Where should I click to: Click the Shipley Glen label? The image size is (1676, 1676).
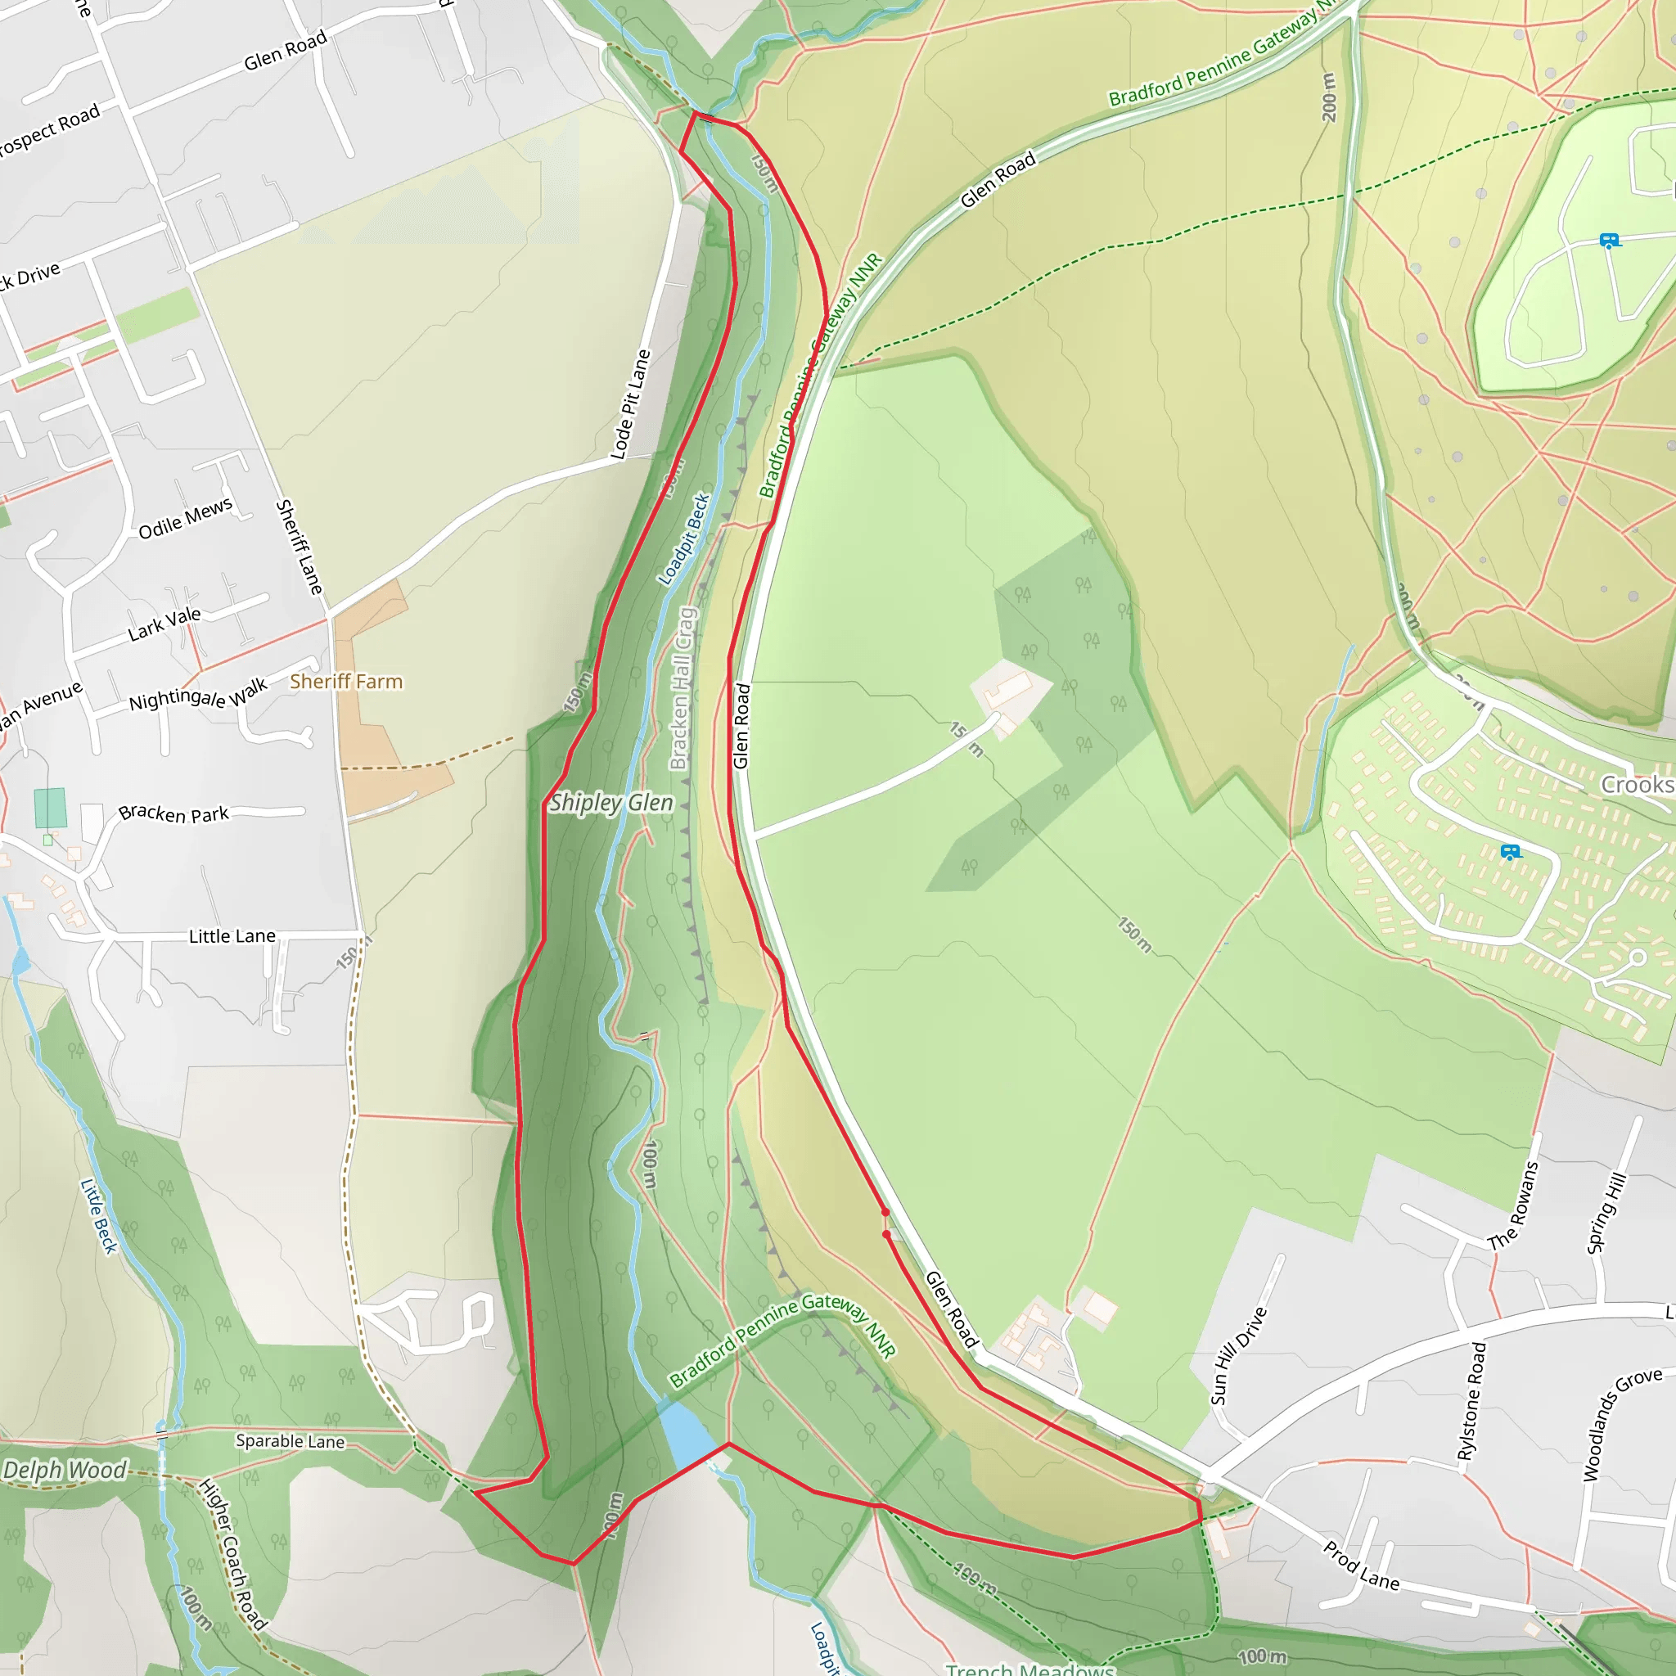coord(611,803)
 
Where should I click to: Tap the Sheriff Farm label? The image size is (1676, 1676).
coord(346,682)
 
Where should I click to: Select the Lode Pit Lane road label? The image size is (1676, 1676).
coord(631,404)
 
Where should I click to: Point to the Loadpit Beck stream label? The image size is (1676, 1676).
coord(684,539)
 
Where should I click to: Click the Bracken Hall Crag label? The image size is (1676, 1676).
coord(682,688)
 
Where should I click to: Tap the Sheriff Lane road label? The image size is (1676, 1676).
coord(300,547)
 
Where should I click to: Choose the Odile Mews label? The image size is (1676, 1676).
coord(185,518)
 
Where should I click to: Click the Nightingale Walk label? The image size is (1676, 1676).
coord(198,695)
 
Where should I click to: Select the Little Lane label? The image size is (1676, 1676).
coord(232,936)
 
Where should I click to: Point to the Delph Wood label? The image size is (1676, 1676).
coord(65,1470)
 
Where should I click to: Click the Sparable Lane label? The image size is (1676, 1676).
coord(290,1441)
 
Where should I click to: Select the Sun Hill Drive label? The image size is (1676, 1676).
coord(1239,1356)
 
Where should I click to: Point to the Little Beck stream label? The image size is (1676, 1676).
coord(98,1215)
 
